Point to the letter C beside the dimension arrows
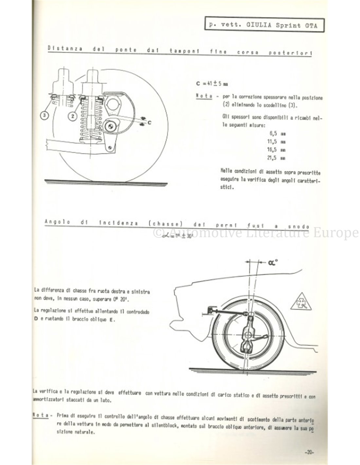[149, 123]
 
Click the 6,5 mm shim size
[277, 133]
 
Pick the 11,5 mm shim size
[277, 142]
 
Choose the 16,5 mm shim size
[277, 150]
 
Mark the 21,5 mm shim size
[277, 158]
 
